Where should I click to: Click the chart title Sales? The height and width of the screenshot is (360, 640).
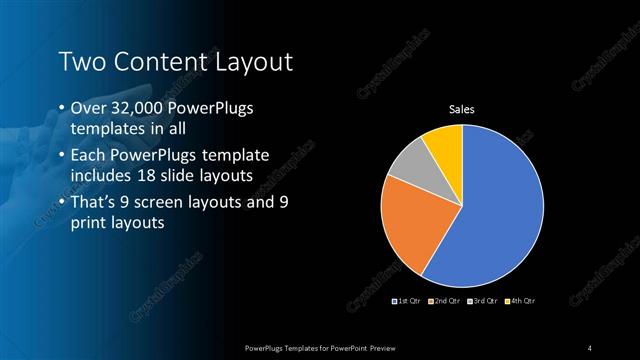[461, 109]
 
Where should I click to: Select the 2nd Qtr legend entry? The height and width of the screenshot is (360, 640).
[445, 301]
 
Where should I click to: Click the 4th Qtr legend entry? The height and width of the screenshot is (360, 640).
[520, 301]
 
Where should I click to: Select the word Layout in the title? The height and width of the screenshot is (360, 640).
[255, 62]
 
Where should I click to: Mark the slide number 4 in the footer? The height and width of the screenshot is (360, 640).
[590, 347]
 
